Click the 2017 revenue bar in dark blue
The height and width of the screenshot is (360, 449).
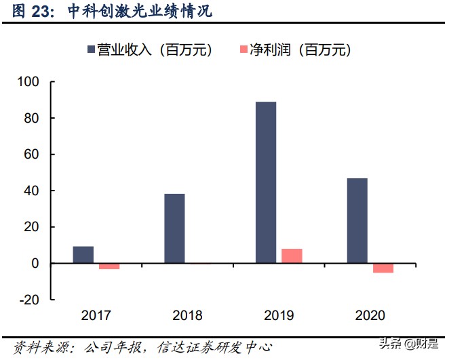(x=83, y=255)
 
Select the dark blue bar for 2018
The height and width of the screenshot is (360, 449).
(x=174, y=228)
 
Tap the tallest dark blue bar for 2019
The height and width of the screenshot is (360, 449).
(x=266, y=182)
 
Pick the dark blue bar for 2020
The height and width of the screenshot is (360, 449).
(x=357, y=220)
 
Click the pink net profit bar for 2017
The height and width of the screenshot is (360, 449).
(x=109, y=266)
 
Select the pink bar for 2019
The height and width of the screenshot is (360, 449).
(x=292, y=256)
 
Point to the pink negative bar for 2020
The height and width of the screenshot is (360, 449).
(x=383, y=268)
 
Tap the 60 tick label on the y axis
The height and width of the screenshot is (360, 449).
(x=33, y=155)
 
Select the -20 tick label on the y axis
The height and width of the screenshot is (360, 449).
(x=31, y=299)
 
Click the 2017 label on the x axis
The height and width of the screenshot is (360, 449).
(x=96, y=315)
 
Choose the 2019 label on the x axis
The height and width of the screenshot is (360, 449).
(x=279, y=315)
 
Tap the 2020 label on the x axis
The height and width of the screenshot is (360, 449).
(x=370, y=315)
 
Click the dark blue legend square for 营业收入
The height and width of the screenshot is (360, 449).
(x=92, y=49)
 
